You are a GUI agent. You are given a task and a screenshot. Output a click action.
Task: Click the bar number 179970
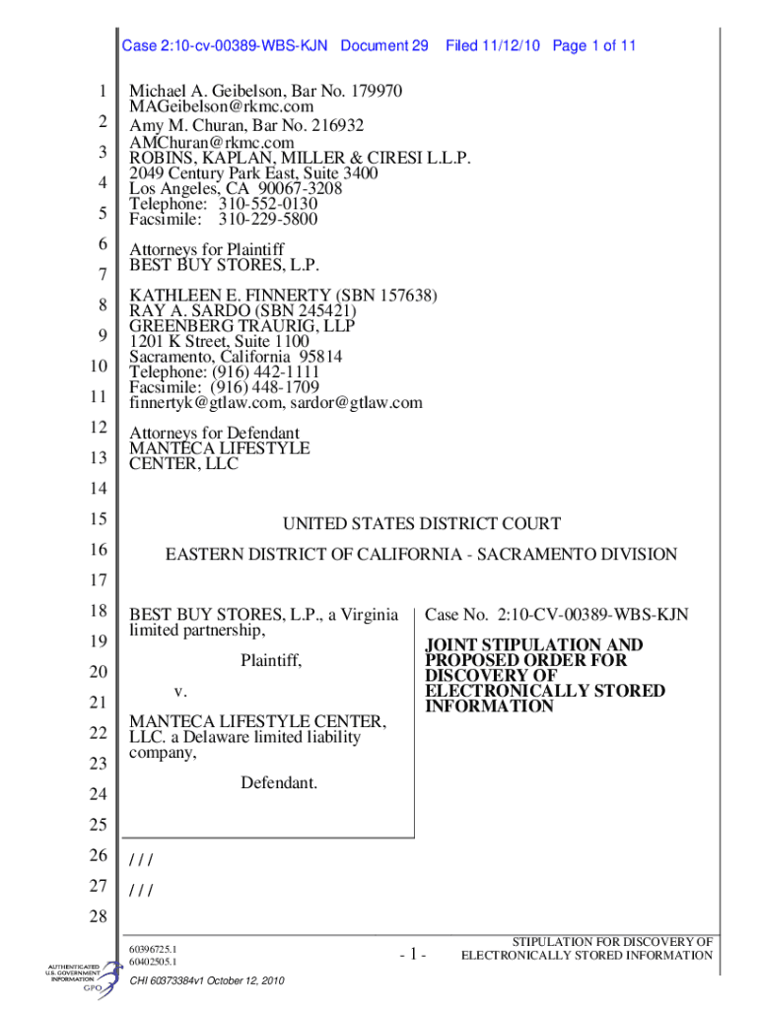click(370, 92)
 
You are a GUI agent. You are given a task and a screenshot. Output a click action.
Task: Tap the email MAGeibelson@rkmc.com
click(222, 106)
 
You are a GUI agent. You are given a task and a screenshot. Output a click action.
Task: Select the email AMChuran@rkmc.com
click(212, 143)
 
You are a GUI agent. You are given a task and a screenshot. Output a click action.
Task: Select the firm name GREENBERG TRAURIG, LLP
click(242, 326)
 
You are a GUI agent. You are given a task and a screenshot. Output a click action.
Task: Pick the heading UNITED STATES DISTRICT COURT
click(422, 524)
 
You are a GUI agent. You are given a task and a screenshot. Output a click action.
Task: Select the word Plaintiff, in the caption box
click(271, 661)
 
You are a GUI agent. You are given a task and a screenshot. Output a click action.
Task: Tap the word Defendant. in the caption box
click(279, 783)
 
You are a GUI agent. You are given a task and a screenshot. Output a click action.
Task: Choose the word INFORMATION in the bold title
click(489, 706)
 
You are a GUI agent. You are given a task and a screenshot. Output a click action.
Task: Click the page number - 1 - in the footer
click(412, 954)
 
